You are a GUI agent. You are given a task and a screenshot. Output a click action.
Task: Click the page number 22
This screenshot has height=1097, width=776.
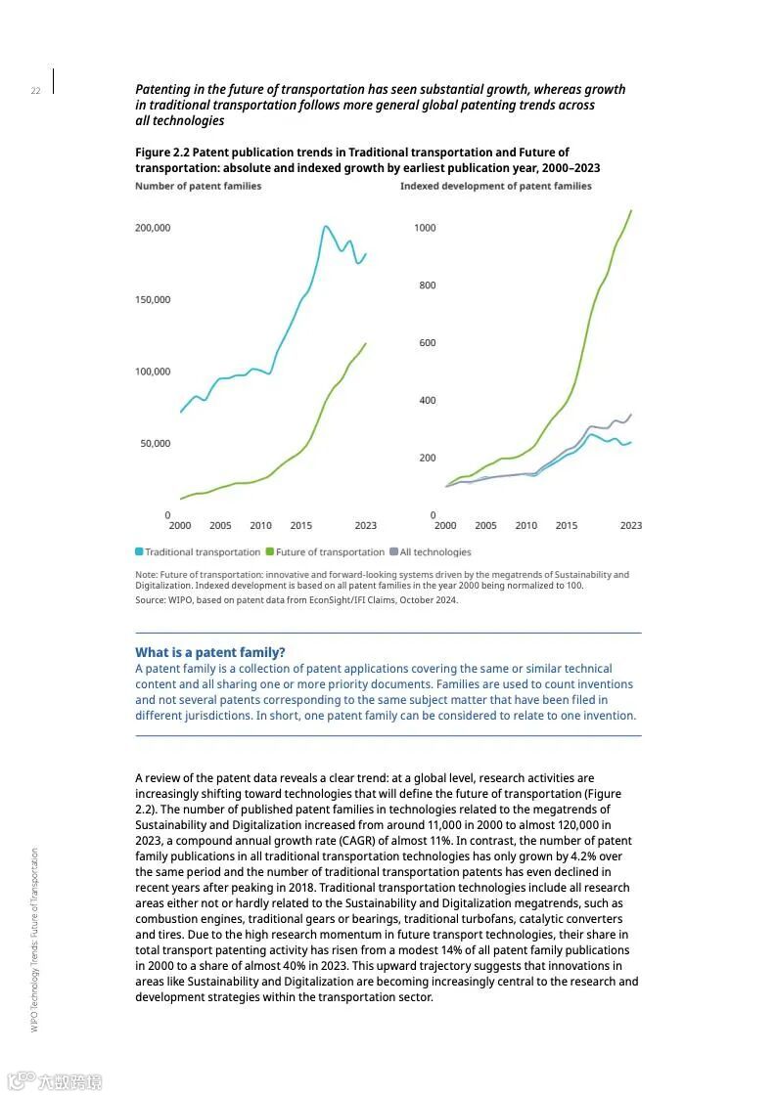(x=35, y=91)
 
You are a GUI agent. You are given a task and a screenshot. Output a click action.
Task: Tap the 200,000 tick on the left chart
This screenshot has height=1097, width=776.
(x=152, y=228)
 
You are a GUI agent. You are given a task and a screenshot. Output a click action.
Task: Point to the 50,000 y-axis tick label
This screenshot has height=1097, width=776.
(x=155, y=444)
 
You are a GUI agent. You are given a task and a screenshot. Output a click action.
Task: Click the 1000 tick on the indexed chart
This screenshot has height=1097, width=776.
(x=424, y=228)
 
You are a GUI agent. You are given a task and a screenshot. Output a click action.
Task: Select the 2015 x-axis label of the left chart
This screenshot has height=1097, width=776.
(x=300, y=526)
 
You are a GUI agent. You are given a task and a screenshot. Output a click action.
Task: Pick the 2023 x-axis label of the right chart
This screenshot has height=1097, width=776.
(x=631, y=526)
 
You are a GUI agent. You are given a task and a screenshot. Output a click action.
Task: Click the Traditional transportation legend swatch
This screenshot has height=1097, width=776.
(x=140, y=552)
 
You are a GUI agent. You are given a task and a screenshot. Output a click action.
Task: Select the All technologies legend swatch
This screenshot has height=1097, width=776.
(x=393, y=552)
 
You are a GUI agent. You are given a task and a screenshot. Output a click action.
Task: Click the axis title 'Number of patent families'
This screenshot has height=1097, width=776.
(x=198, y=186)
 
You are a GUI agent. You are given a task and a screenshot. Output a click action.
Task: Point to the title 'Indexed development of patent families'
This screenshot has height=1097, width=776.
(x=495, y=186)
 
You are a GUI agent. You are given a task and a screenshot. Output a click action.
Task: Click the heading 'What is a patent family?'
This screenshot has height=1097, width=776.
(x=210, y=652)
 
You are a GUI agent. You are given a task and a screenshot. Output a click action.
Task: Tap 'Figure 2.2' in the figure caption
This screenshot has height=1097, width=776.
(x=161, y=153)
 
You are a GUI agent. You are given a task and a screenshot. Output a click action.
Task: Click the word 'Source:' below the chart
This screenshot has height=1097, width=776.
(x=151, y=600)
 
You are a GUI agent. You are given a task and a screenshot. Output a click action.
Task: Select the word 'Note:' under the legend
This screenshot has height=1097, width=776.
(x=146, y=575)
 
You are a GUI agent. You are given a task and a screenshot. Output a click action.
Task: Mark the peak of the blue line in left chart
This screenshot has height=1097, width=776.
(x=325, y=227)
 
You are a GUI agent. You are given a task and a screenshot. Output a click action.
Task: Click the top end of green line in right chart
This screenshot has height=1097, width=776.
(x=631, y=210)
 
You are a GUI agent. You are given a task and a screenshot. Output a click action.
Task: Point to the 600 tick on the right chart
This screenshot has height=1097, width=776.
(x=427, y=343)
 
